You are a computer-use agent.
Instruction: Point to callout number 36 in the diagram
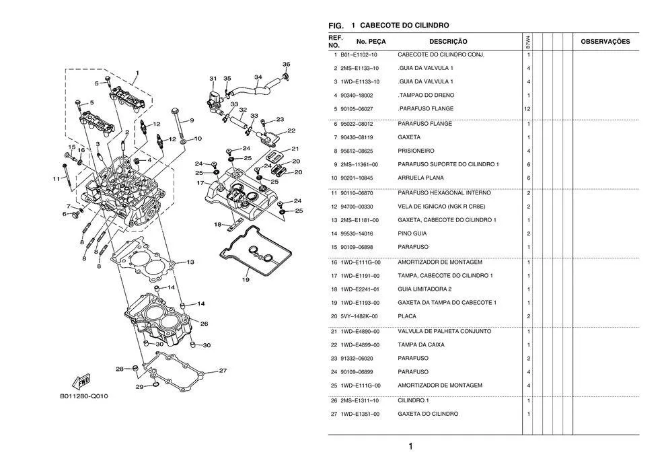pos(286,65)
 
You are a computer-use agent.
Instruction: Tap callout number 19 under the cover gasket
pos(246,279)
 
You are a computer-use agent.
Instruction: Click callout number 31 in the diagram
pos(213,78)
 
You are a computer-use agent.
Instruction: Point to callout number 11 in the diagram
pos(57,178)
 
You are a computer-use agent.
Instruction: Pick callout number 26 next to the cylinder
pos(204,324)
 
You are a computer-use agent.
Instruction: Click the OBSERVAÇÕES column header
pos(605,42)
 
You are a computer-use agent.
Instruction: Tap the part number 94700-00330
pos(359,207)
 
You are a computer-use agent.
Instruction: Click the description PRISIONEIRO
pos(416,151)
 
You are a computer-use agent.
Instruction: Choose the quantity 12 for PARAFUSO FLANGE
pos(528,109)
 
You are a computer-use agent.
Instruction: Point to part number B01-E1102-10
pos(359,55)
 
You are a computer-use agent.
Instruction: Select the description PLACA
pos(406,316)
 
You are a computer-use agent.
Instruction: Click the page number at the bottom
pos(410,446)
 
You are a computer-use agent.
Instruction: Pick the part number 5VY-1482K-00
pos(359,316)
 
